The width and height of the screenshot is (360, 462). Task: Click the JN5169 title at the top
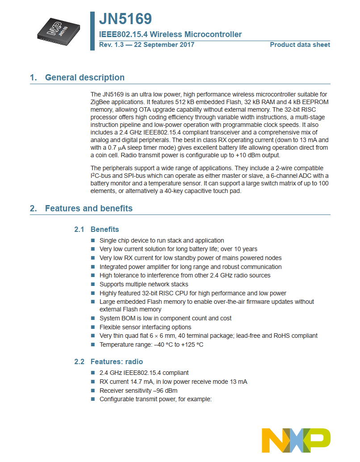coord(126,19)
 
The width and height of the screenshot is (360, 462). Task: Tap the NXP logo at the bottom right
coord(296,440)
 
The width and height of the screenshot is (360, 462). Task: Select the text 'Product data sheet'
coord(300,45)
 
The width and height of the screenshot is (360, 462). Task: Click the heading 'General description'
coord(84,78)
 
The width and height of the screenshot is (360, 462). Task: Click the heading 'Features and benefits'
coord(88,209)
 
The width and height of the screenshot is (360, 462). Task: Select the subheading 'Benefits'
coord(105,230)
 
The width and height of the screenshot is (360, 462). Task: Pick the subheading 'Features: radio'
coord(117,361)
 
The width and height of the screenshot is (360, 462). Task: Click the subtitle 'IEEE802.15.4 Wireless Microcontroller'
coord(170,34)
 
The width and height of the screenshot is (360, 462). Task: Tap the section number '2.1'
coord(79,230)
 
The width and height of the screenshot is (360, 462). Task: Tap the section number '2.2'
coord(79,361)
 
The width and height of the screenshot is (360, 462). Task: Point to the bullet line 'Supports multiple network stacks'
coord(144,284)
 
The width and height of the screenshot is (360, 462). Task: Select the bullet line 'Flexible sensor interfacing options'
coord(145,327)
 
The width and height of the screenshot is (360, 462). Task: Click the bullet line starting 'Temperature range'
coord(151,344)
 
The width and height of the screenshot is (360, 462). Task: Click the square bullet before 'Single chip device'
coord(93,240)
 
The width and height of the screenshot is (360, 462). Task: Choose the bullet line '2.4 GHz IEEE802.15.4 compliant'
coord(144,373)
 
